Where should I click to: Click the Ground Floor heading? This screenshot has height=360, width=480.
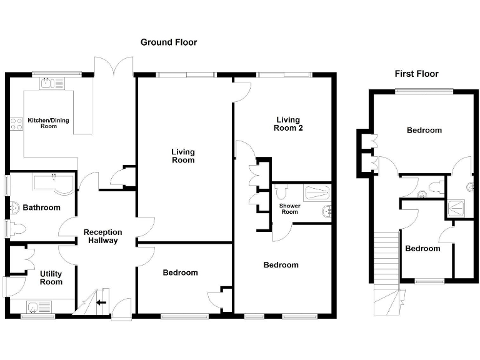click(x=168, y=42)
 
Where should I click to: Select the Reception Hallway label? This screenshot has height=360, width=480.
click(x=103, y=236)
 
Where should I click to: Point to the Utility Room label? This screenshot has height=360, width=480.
click(x=51, y=278)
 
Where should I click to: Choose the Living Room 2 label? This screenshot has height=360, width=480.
click(x=287, y=124)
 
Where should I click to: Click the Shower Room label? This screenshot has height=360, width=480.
click(x=289, y=209)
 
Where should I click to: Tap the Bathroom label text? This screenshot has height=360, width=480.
click(x=41, y=207)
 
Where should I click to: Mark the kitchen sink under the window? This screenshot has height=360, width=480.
click(x=48, y=82)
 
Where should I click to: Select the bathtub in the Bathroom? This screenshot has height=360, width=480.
click(x=52, y=184)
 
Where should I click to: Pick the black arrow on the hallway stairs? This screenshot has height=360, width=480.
click(x=101, y=304)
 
